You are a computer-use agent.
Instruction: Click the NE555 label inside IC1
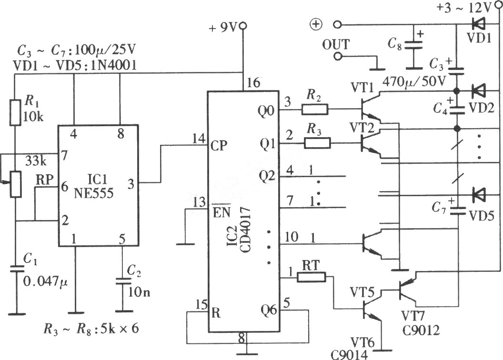pos(93,193)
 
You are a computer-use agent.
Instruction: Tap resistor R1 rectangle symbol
pos(15,112)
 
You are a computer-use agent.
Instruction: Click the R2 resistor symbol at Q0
pos(315,110)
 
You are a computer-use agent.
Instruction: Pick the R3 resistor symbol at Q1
pos(317,143)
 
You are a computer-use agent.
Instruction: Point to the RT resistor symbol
pos(311,277)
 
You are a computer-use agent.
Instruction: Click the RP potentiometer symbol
pos(15,184)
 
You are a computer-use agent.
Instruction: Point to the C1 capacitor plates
pos(15,269)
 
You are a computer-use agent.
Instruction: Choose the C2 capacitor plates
pos(123,281)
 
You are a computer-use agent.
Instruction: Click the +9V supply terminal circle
pos(243,25)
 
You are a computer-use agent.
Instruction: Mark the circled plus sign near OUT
pos(316,24)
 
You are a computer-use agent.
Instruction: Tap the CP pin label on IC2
pos(219,146)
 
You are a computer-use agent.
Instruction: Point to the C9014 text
pos(350,355)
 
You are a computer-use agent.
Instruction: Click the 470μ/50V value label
pos(414,82)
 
